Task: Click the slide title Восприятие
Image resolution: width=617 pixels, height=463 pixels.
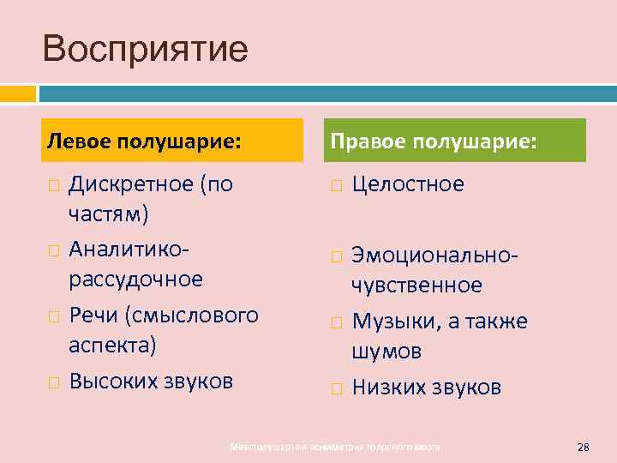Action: (145, 49)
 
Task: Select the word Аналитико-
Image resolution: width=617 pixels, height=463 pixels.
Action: (129, 248)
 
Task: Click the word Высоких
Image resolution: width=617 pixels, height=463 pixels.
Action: (111, 380)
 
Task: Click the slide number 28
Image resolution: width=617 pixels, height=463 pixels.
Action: (584, 447)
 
